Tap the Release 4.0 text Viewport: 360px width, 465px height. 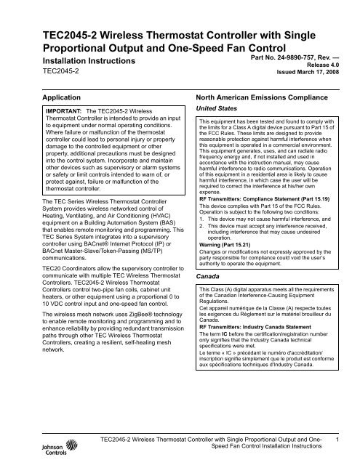tap(329, 57)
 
